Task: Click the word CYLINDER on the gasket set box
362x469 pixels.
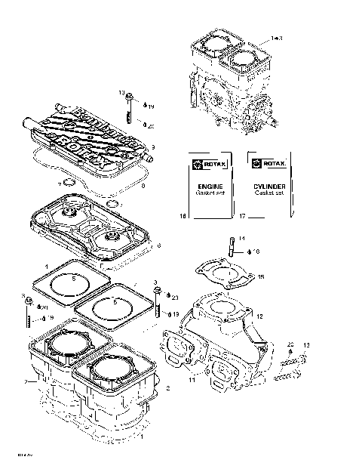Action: (x=268, y=185)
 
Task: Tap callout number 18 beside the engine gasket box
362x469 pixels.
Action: (x=182, y=217)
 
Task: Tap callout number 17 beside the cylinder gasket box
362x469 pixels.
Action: (x=242, y=217)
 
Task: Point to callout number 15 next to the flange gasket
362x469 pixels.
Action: (x=261, y=277)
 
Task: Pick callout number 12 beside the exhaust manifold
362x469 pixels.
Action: (x=259, y=316)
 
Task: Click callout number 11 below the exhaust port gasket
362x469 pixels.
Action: (x=191, y=380)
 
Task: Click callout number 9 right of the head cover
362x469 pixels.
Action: (x=153, y=147)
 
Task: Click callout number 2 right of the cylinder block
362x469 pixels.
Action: (x=167, y=388)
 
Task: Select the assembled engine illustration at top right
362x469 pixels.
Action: (x=226, y=83)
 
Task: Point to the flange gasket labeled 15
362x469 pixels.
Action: (x=223, y=276)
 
